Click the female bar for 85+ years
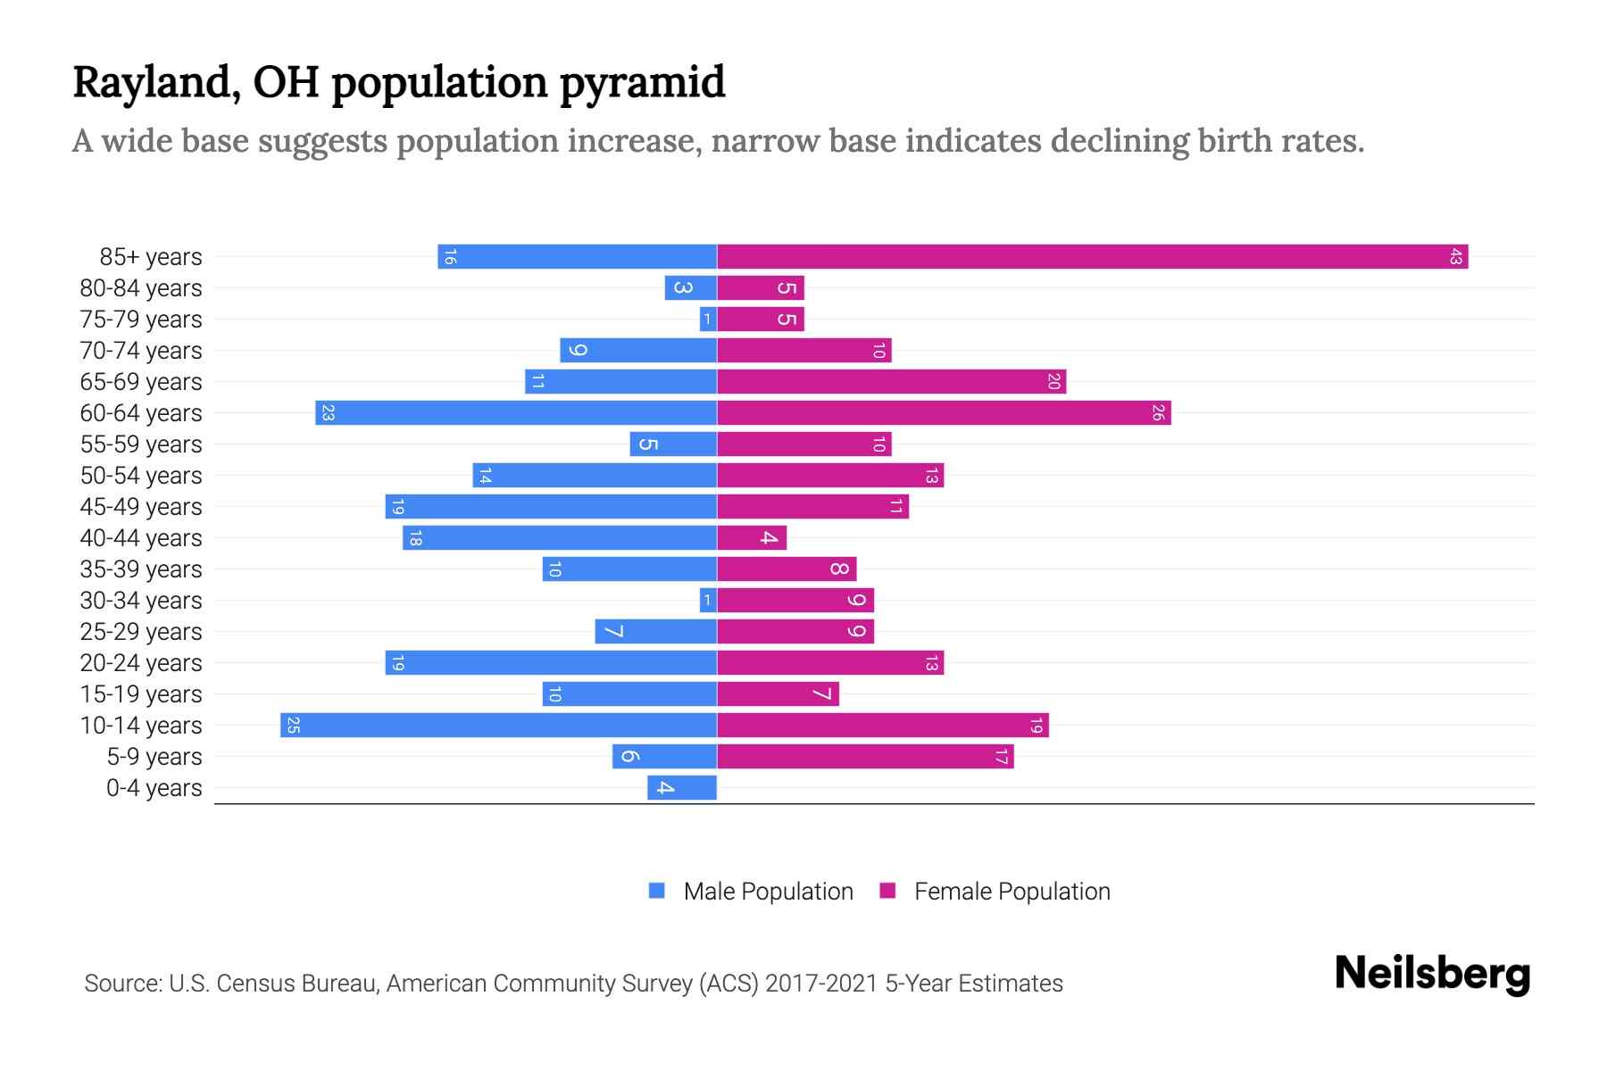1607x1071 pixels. [x=1092, y=257]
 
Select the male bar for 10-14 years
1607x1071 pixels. [x=498, y=726]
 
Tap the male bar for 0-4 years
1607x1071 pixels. [x=682, y=788]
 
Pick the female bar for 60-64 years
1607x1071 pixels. [x=944, y=413]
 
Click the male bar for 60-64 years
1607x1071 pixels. [x=516, y=413]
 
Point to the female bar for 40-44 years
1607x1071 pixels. [x=752, y=538]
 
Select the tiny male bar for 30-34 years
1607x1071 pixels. [x=708, y=601]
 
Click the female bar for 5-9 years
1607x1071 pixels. [x=865, y=757]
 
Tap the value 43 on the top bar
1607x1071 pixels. [x=1455, y=257]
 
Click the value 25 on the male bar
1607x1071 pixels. [x=293, y=726]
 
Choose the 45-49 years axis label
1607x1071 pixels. [x=141, y=507]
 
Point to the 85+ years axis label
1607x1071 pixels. [x=151, y=257]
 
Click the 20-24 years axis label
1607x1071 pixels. [x=141, y=663]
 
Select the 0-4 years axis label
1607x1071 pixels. [x=154, y=788]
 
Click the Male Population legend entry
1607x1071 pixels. [x=768, y=892]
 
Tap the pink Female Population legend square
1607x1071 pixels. [x=887, y=891]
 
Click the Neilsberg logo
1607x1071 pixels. [x=1432, y=974]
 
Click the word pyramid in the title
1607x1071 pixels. [x=642, y=83]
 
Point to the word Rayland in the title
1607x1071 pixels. [x=156, y=83]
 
